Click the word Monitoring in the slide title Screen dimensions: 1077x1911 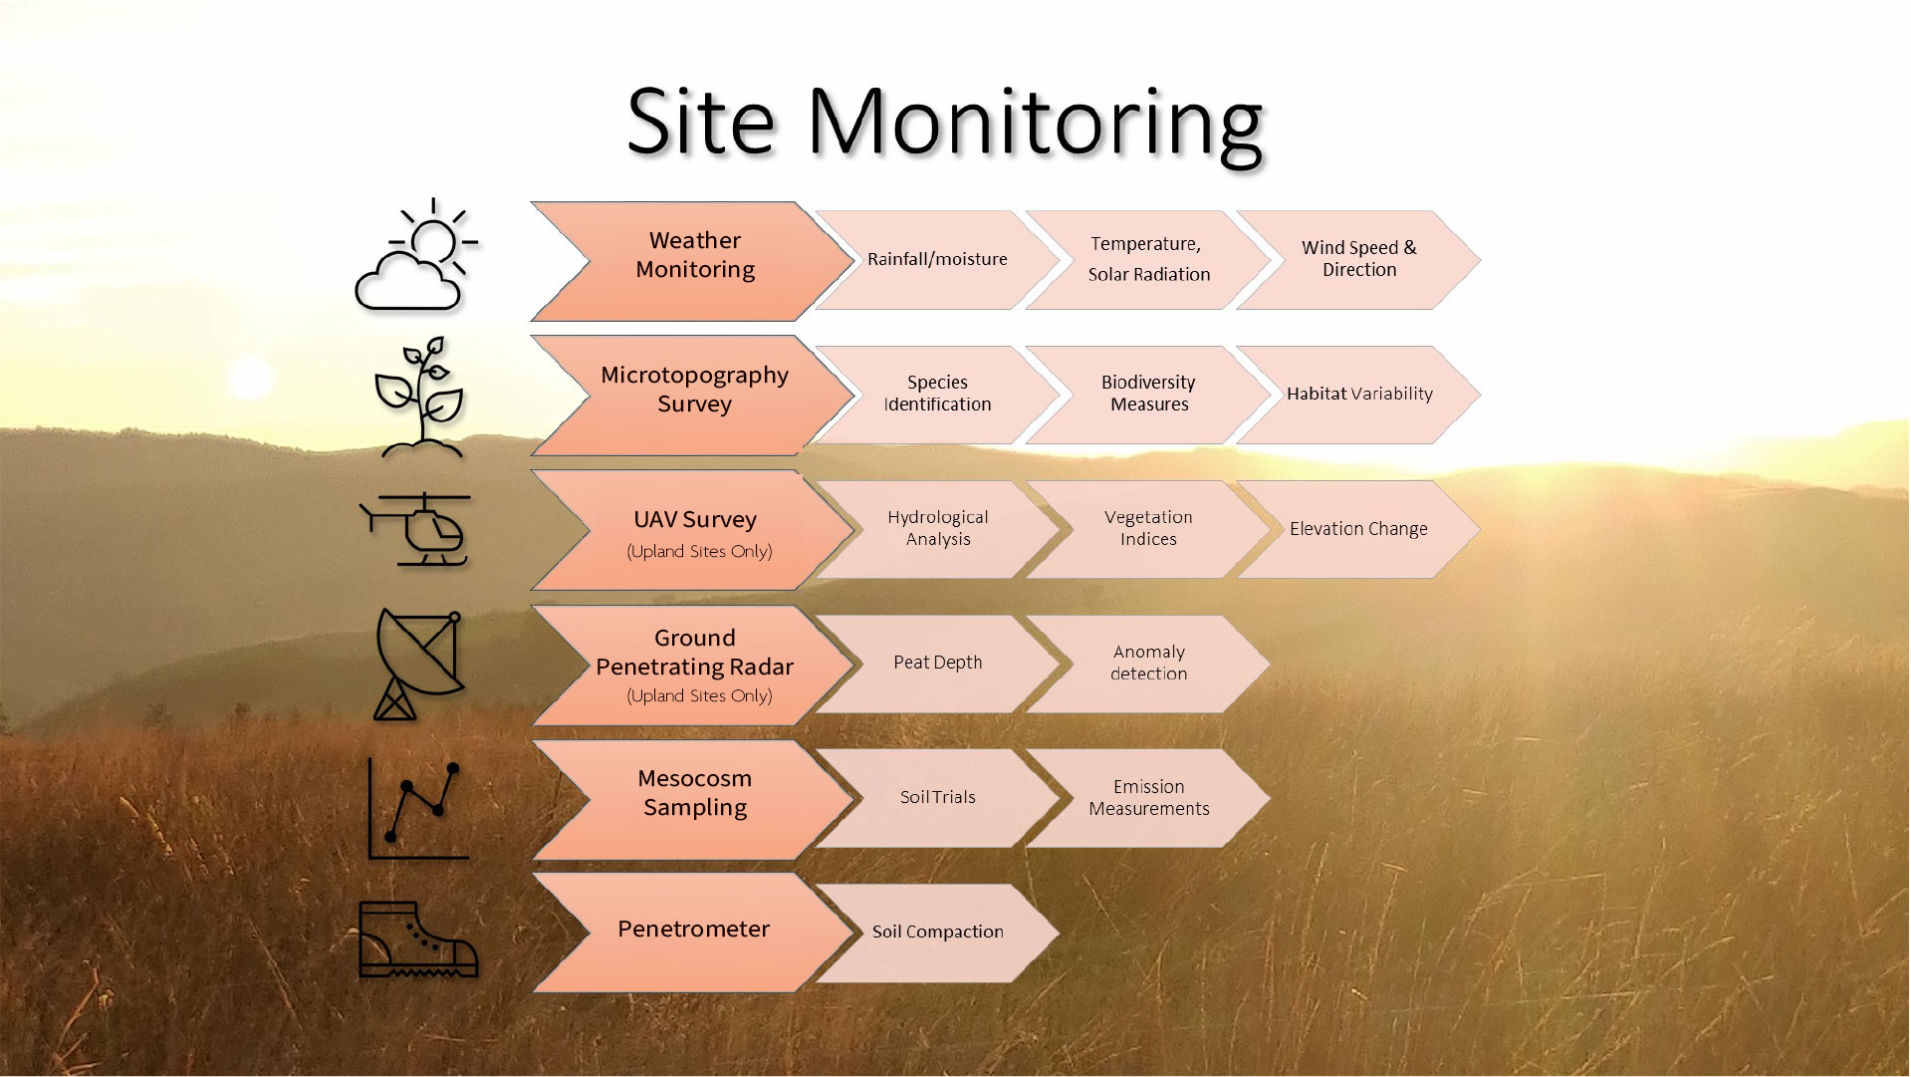pyautogui.click(x=1036, y=124)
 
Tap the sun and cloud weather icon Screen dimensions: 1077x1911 pyautogui.click(x=416, y=256)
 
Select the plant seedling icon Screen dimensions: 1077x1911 pyautogui.click(x=419, y=397)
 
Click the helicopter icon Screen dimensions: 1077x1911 pyautogui.click(x=417, y=529)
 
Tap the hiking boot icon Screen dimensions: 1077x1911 pyautogui.click(x=417, y=940)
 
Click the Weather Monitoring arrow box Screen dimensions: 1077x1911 pyautogui.click(x=695, y=256)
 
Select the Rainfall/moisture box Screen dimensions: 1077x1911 pyautogui.click(x=937, y=259)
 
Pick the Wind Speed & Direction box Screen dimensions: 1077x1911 pyautogui.click(x=1358, y=259)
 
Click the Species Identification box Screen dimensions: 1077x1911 pyautogui.click(x=937, y=394)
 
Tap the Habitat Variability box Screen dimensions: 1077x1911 pyautogui.click(x=1358, y=394)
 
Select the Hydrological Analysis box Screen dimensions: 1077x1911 pyautogui.click(x=937, y=528)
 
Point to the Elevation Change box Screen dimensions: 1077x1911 pyautogui.click(x=1358, y=529)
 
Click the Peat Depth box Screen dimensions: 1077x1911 pyautogui.click(x=937, y=663)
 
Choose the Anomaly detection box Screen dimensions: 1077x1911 pyautogui.click(x=1148, y=663)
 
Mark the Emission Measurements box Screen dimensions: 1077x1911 pyautogui.click(x=1148, y=798)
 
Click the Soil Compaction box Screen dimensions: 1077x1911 pyautogui.click(x=937, y=932)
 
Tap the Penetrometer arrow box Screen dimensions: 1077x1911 pyautogui.click(x=694, y=930)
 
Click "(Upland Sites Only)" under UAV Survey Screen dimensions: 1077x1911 pyautogui.click(x=699, y=551)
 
